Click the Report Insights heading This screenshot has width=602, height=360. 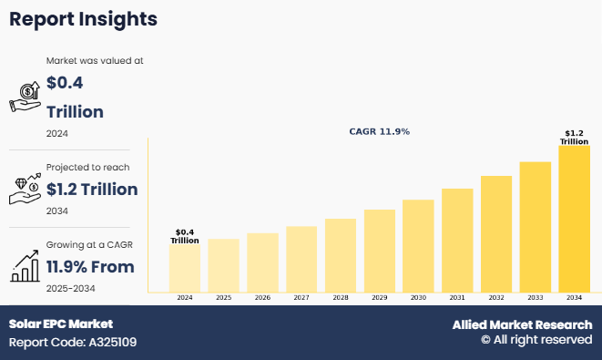83,19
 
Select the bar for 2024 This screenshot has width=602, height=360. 185,268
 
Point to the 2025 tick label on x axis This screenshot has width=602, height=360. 223,298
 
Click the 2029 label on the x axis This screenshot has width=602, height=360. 379,298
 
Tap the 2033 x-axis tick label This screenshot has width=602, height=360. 535,298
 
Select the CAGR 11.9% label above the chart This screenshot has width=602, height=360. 379,131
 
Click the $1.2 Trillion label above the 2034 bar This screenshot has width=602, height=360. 575,137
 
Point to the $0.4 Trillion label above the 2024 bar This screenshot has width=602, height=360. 185,235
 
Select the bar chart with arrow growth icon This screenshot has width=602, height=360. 24,264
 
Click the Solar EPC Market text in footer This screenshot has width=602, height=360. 61,324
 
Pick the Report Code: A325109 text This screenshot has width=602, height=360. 73,343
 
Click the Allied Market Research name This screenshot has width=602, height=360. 522,324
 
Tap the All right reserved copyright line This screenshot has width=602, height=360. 536,340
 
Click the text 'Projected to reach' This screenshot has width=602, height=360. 87,168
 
